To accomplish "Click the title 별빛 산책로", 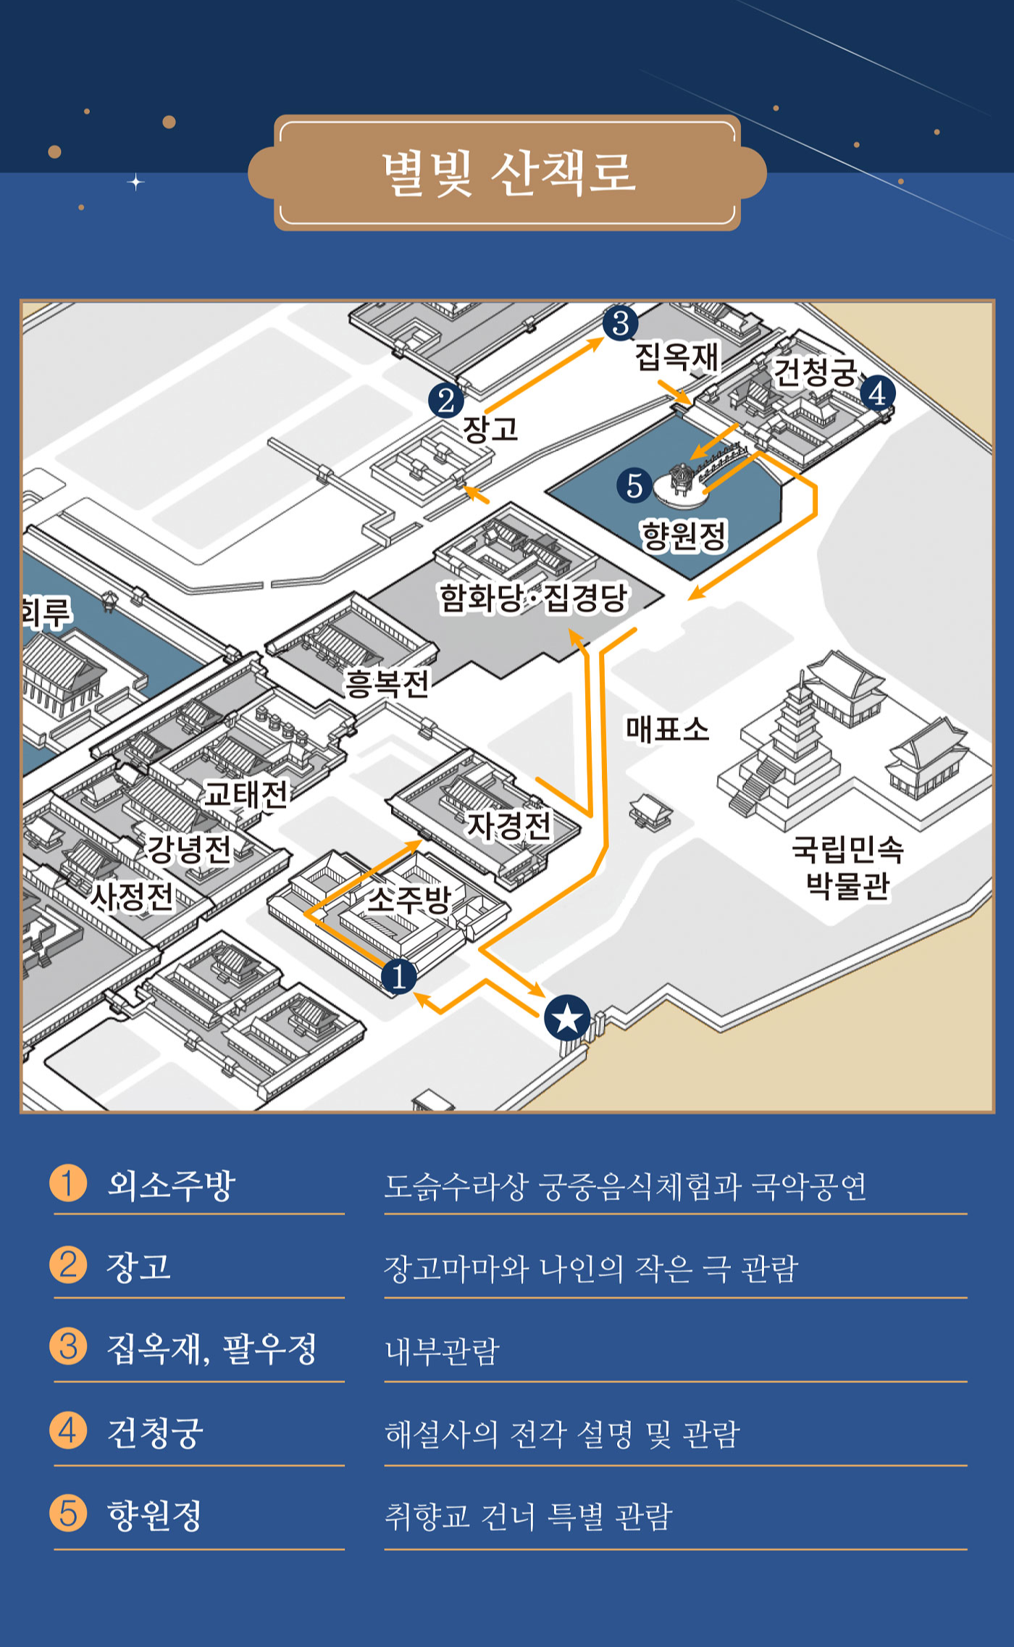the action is click(509, 173).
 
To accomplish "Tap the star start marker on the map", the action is click(566, 1018).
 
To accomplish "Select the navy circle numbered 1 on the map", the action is click(398, 976).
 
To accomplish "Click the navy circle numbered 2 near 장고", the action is click(446, 400).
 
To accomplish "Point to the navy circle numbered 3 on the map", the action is click(620, 323).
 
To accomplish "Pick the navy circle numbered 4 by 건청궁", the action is click(878, 393).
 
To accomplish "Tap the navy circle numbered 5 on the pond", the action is click(634, 485).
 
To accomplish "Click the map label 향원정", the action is click(683, 536).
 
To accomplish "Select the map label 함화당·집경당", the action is click(534, 599).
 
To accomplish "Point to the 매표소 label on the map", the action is click(667, 729).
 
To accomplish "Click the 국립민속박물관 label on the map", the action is click(847, 867).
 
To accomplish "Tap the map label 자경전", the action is click(508, 825).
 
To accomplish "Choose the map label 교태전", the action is click(246, 794).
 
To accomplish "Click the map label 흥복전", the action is click(387, 683).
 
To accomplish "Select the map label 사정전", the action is click(132, 897).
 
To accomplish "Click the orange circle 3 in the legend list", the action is click(68, 1347).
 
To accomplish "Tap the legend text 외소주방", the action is click(172, 1185).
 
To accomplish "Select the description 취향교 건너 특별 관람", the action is click(529, 1516).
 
